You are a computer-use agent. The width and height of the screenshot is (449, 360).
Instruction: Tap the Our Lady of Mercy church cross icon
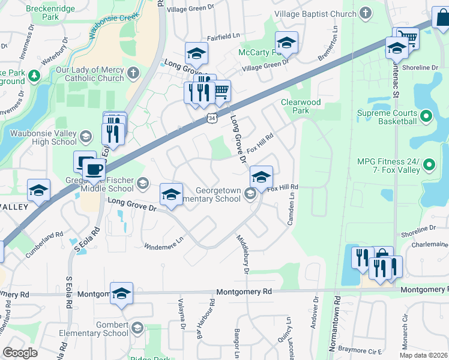coord(133,73)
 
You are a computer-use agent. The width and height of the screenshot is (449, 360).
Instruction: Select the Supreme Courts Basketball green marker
coord(426,115)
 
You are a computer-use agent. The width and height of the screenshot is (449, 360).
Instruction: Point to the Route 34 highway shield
coord(212,119)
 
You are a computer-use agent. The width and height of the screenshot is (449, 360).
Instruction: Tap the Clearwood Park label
coord(301,106)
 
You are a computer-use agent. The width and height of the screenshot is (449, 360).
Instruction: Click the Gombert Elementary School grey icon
coord(137,328)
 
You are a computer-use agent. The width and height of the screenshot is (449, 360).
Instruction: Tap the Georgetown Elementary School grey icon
coord(250,194)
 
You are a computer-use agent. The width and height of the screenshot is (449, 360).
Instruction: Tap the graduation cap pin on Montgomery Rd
coord(121,293)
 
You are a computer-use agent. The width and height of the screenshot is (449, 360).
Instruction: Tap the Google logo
coord(20,352)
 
